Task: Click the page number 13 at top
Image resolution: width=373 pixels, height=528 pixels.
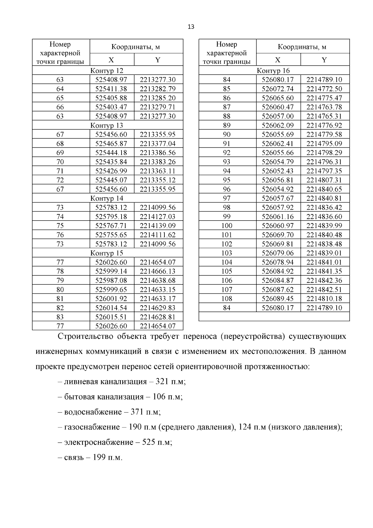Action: (191, 27)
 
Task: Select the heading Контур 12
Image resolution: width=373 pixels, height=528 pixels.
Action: (107, 71)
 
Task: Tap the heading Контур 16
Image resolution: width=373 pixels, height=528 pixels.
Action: (273, 71)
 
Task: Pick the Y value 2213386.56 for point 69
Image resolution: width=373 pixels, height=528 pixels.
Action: (158, 153)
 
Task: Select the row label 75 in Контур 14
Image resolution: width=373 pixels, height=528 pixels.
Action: (60, 226)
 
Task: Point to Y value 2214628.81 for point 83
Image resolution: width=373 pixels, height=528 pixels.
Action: (158, 317)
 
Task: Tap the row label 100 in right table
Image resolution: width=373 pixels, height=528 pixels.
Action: (227, 226)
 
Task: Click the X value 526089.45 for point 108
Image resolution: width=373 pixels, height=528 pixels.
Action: (278, 299)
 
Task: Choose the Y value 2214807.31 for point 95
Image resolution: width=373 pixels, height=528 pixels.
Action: (324, 180)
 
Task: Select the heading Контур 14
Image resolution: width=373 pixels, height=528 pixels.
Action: (107, 198)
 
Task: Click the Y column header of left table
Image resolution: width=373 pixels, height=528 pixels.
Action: (158, 60)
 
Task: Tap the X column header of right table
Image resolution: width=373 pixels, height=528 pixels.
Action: (278, 60)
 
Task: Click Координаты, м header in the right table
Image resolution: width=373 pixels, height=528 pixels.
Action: (302, 47)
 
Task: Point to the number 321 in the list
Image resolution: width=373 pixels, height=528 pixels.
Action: (162, 381)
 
